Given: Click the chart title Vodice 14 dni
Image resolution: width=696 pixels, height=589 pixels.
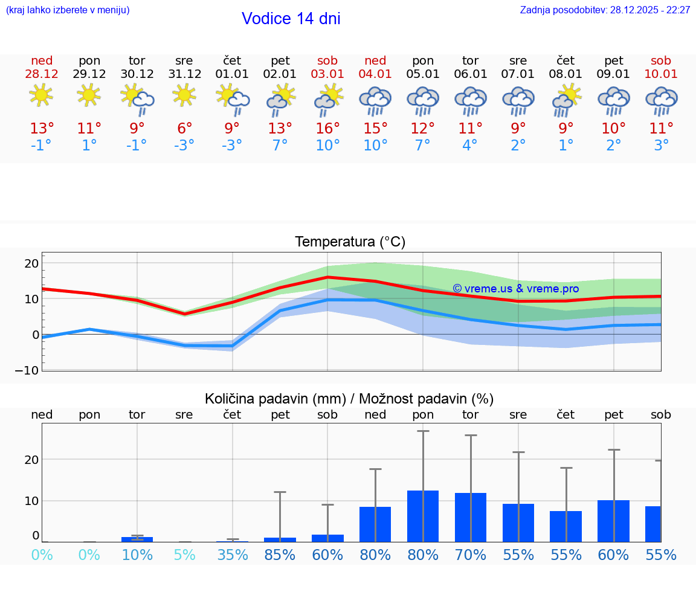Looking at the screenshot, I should coord(291,19).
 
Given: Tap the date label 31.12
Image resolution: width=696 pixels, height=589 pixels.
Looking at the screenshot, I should coord(184,74).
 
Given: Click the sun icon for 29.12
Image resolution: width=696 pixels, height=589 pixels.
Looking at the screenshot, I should coord(89,95).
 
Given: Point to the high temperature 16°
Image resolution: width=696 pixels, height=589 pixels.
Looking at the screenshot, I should coord(327,129).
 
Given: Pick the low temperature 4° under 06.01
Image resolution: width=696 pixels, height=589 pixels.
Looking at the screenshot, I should coord(470,146).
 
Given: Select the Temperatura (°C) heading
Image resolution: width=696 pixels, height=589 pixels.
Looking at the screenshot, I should coord(350,242).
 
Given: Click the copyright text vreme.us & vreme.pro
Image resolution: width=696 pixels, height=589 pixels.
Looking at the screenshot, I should coord(515,289).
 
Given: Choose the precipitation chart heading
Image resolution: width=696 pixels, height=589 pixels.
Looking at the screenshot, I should coord(349,399).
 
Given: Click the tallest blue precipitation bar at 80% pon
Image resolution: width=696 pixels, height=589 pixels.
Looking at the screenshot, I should coord(423,516).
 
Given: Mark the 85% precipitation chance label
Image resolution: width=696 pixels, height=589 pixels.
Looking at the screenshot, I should coord(280,555).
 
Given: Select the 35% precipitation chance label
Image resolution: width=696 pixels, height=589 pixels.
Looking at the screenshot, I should coord(232,555).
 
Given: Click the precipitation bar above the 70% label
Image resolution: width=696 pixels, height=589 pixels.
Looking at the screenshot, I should coord(471,517).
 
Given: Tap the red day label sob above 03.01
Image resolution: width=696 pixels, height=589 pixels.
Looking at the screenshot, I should coord(327,61).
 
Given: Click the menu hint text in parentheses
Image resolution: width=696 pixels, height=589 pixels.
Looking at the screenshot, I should coord(68,10).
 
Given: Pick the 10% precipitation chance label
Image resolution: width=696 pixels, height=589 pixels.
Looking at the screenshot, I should coord(137,555).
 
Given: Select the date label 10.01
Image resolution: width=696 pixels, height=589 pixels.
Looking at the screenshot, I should coord(661,74).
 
